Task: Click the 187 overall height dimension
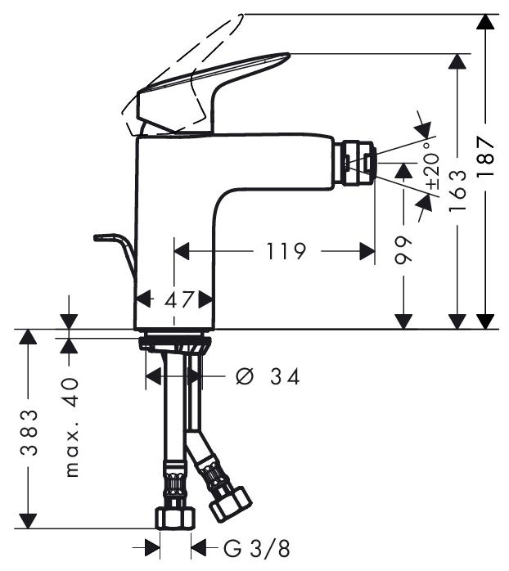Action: [x=486, y=157]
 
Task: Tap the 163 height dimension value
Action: [x=457, y=191]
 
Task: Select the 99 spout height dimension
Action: [x=403, y=250]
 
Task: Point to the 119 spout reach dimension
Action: [x=286, y=251]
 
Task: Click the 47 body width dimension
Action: [x=179, y=299]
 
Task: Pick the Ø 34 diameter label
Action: [x=268, y=376]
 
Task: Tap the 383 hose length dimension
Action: [x=29, y=433]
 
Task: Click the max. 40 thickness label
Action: [x=72, y=428]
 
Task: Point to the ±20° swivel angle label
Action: [x=433, y=165]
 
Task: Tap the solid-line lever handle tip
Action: [x=289, y=55]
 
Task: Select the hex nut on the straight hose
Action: [x=175, y=518]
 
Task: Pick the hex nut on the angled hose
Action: [x=231, y=505]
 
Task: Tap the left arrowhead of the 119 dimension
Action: [x=182, y=251]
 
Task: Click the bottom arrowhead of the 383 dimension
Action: [x=28, y=520]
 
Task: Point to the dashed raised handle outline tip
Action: [x=241, y=16]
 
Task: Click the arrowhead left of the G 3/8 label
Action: [x=153, y=548]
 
